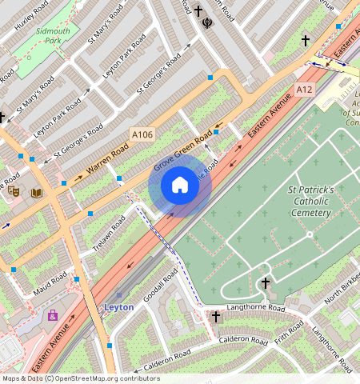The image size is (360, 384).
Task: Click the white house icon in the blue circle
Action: (180, 186)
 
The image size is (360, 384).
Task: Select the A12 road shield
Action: (304, 89)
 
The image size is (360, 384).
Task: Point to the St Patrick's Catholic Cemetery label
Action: (308, 202)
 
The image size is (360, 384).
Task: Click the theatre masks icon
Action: (14, 190)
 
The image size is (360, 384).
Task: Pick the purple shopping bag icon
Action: (53, 315)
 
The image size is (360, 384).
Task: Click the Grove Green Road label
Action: (182, 152)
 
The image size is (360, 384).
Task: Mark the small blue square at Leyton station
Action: (110, 345)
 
